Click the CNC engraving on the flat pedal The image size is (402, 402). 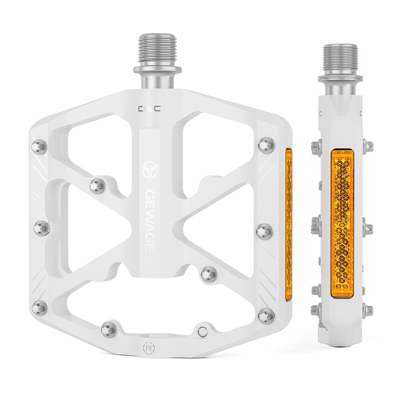pyautogui.click(x=149, y=109)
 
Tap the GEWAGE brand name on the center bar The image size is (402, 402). pyautogui.click(x=150, y=221)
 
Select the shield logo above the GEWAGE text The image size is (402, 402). pyautogui.click(x=149, y=170)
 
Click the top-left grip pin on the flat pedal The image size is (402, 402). pyautogui.click(x=39, y=147)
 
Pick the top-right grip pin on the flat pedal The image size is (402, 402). pyautogui.click(x=266, y=145)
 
